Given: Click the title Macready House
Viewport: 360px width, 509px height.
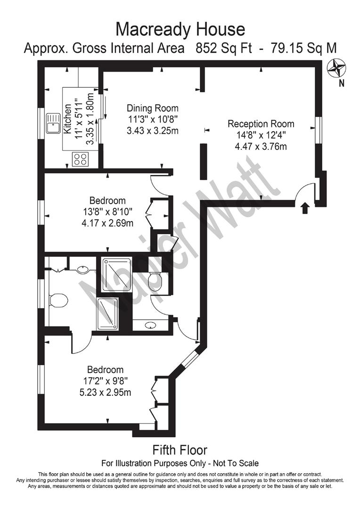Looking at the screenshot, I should (x=180, y=29).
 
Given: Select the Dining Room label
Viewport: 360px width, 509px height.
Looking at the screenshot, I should (x=146, y=107).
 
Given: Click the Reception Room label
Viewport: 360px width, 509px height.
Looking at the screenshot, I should (x=261, y=124).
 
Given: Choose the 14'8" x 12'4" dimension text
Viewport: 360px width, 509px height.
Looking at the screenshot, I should (x=261, y=135).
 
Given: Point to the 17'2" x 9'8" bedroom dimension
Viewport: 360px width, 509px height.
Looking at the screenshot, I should (x=105, y=381).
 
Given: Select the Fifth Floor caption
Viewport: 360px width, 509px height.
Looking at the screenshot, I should (x=180, y=450).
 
